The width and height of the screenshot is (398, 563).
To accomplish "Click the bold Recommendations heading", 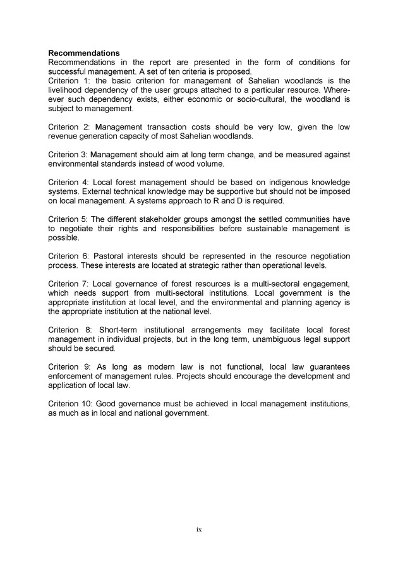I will pyautogui.click(x=84, y=53).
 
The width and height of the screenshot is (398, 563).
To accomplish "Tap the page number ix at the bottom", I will pyautogui.click(x=198, y=529).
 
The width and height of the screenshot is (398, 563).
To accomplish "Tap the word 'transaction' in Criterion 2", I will pyautogui.click(x=175, y=127).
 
